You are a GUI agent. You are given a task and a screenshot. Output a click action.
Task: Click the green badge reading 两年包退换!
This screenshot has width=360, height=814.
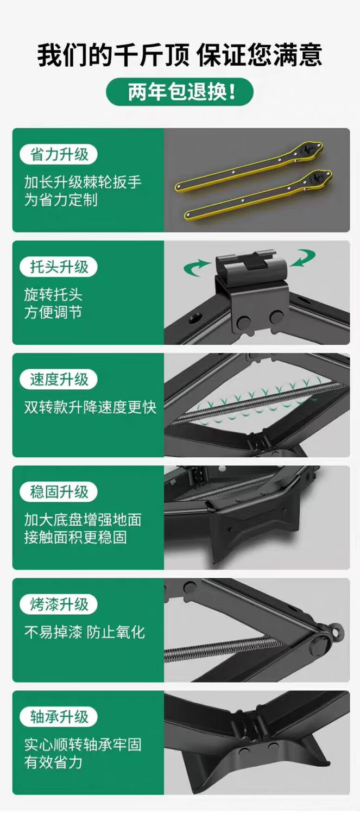click(180, 92)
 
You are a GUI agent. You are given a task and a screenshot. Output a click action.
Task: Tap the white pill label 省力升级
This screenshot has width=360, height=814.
click(59, 154)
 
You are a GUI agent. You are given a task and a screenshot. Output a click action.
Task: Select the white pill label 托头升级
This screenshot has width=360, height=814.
click(59, 267)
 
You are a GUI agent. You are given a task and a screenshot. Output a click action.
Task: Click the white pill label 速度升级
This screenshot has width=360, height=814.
click(59, 380)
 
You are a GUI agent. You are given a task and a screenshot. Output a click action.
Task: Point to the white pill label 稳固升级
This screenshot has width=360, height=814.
click(59, 492)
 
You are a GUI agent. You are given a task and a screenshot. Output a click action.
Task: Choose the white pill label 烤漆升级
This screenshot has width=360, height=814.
click(59, 605)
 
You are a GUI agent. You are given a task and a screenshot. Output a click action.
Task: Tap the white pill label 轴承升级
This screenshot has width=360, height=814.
click(59, 717)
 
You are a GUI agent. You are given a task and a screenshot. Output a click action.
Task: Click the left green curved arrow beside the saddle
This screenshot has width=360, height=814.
click(197, 267)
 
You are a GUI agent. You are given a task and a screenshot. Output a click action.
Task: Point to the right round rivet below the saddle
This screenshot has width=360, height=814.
click(276, 317)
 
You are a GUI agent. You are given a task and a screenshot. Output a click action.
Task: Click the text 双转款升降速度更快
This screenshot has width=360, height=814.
click(91, 407)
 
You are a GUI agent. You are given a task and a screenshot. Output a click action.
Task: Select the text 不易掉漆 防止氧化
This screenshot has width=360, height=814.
click(85, 633)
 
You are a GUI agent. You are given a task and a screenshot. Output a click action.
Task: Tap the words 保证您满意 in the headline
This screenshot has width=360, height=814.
click(259, 55)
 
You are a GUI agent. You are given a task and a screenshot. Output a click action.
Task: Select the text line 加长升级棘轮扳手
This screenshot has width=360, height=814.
click(83, 182)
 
